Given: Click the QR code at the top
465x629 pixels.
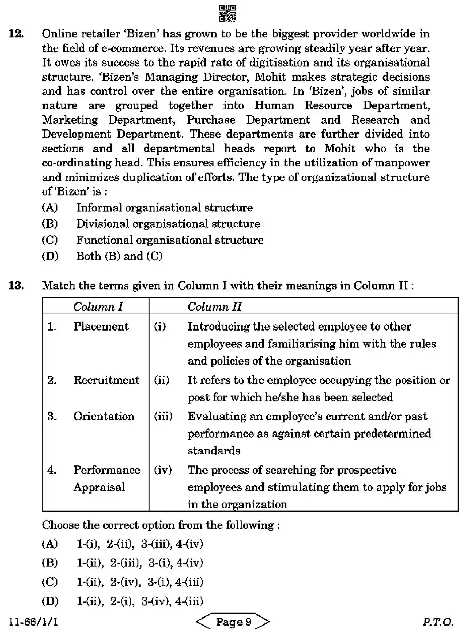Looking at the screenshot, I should pyautogui.click(x=227, y=13).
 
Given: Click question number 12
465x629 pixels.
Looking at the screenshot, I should pyautogui.click(x=16, y=34).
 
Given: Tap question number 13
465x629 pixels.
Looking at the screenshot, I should pyautogui.click(x=16, y=285).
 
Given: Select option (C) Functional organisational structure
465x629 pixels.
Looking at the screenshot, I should pyautogui.click(x=170, y=240).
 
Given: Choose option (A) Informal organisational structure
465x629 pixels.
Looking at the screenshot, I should pyautogui.click(x=164, y=208).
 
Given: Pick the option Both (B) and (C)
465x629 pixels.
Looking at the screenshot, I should pyautogui.click(x=119, y=256).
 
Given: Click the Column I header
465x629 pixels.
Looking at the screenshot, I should pyautogui.click(x=98, y=306).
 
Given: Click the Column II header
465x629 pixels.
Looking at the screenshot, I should pyautogui.click(x=214, y=306).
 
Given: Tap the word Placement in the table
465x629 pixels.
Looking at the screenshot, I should pyautogui.click(x=101, y=327).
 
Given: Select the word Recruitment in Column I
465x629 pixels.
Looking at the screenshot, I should pyautogui.click(x=106, y=380).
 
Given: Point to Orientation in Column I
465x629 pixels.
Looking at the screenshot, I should pyautogui.click(x=104, y=416).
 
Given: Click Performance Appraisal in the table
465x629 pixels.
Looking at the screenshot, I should pyautogui.click(x=106, y=478).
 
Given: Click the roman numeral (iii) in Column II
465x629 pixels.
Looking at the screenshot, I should pyautogui.click(x=163, y=416).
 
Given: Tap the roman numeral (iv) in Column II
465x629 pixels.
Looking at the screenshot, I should pyautogui.click(x=163, y=470).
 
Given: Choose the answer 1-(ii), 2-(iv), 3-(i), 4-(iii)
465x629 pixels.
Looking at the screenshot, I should pyautogui.click(x=140, y=582).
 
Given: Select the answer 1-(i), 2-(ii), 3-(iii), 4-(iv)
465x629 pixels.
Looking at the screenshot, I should pyautogui.click(x=140, y=544).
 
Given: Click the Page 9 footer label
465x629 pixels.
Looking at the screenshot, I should pyautogui.click(x=233, y=621).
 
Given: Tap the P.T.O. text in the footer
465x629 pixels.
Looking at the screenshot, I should pyautogui.click(x=438, y=621).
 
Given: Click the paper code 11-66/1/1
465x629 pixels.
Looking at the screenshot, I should pyautogui.click(x=33, y=621).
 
